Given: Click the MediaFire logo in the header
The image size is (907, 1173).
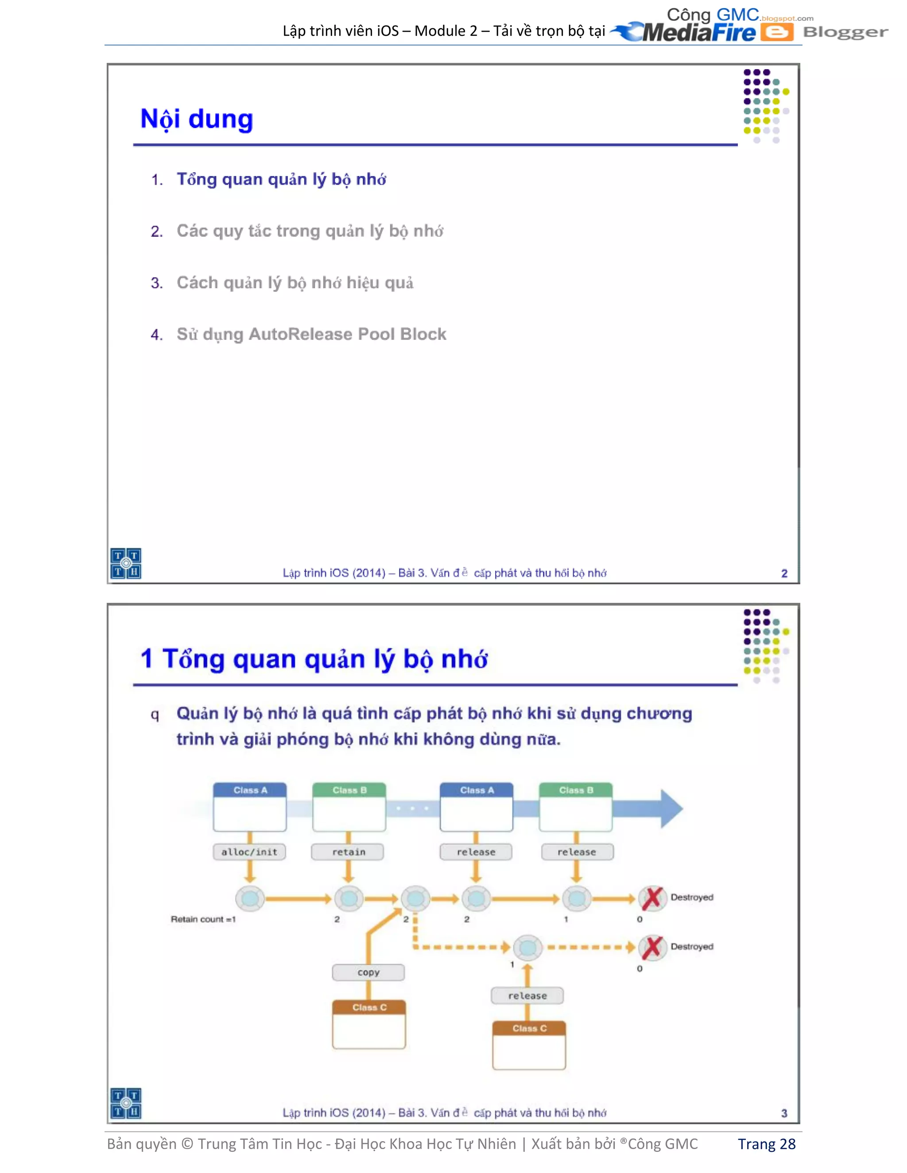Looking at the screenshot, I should tap(688, 32).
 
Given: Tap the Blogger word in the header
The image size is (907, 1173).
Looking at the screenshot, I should tap(845, 32).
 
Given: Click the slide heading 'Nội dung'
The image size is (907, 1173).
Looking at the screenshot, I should tap(197, 119).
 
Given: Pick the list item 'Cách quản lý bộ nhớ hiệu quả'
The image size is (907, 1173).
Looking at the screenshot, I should tap(295, 282).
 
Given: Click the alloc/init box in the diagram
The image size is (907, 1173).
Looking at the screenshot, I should tap(249, 852).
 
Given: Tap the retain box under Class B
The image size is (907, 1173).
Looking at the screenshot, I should tap(348, 852).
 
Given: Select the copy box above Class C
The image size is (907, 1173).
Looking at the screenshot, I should tap(368, 972).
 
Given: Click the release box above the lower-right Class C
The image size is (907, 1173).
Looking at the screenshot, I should tap(527, 996).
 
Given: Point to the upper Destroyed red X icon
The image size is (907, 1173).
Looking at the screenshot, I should tap(652, 898).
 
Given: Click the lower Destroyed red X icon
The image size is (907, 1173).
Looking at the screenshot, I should tap(652, 947).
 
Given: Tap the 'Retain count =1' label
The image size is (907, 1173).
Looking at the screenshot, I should tap(203, 919).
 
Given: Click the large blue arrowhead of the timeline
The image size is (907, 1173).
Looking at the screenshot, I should tap(671, 808).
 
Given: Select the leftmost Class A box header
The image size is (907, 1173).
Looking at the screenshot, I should tap(250, 790).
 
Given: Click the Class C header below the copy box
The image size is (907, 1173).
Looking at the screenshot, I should tap(369, 1007).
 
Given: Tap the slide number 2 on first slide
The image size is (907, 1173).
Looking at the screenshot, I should tap(784, 574).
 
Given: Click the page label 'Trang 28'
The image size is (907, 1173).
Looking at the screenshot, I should tap(766, 1144).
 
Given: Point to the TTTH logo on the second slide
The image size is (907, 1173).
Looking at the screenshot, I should tap(126, 1103).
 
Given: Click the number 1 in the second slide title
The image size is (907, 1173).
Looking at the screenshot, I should tap(146, 659).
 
